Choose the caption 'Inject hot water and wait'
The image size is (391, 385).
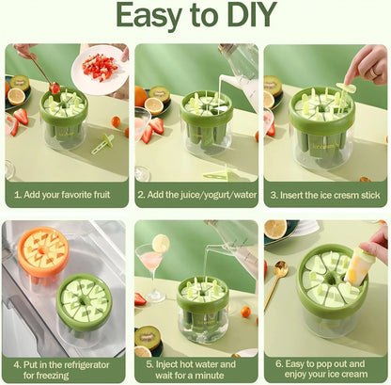tap(195, 368)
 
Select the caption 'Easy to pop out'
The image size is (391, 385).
tap(324, 368)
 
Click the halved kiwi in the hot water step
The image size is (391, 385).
tap(147, 335)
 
